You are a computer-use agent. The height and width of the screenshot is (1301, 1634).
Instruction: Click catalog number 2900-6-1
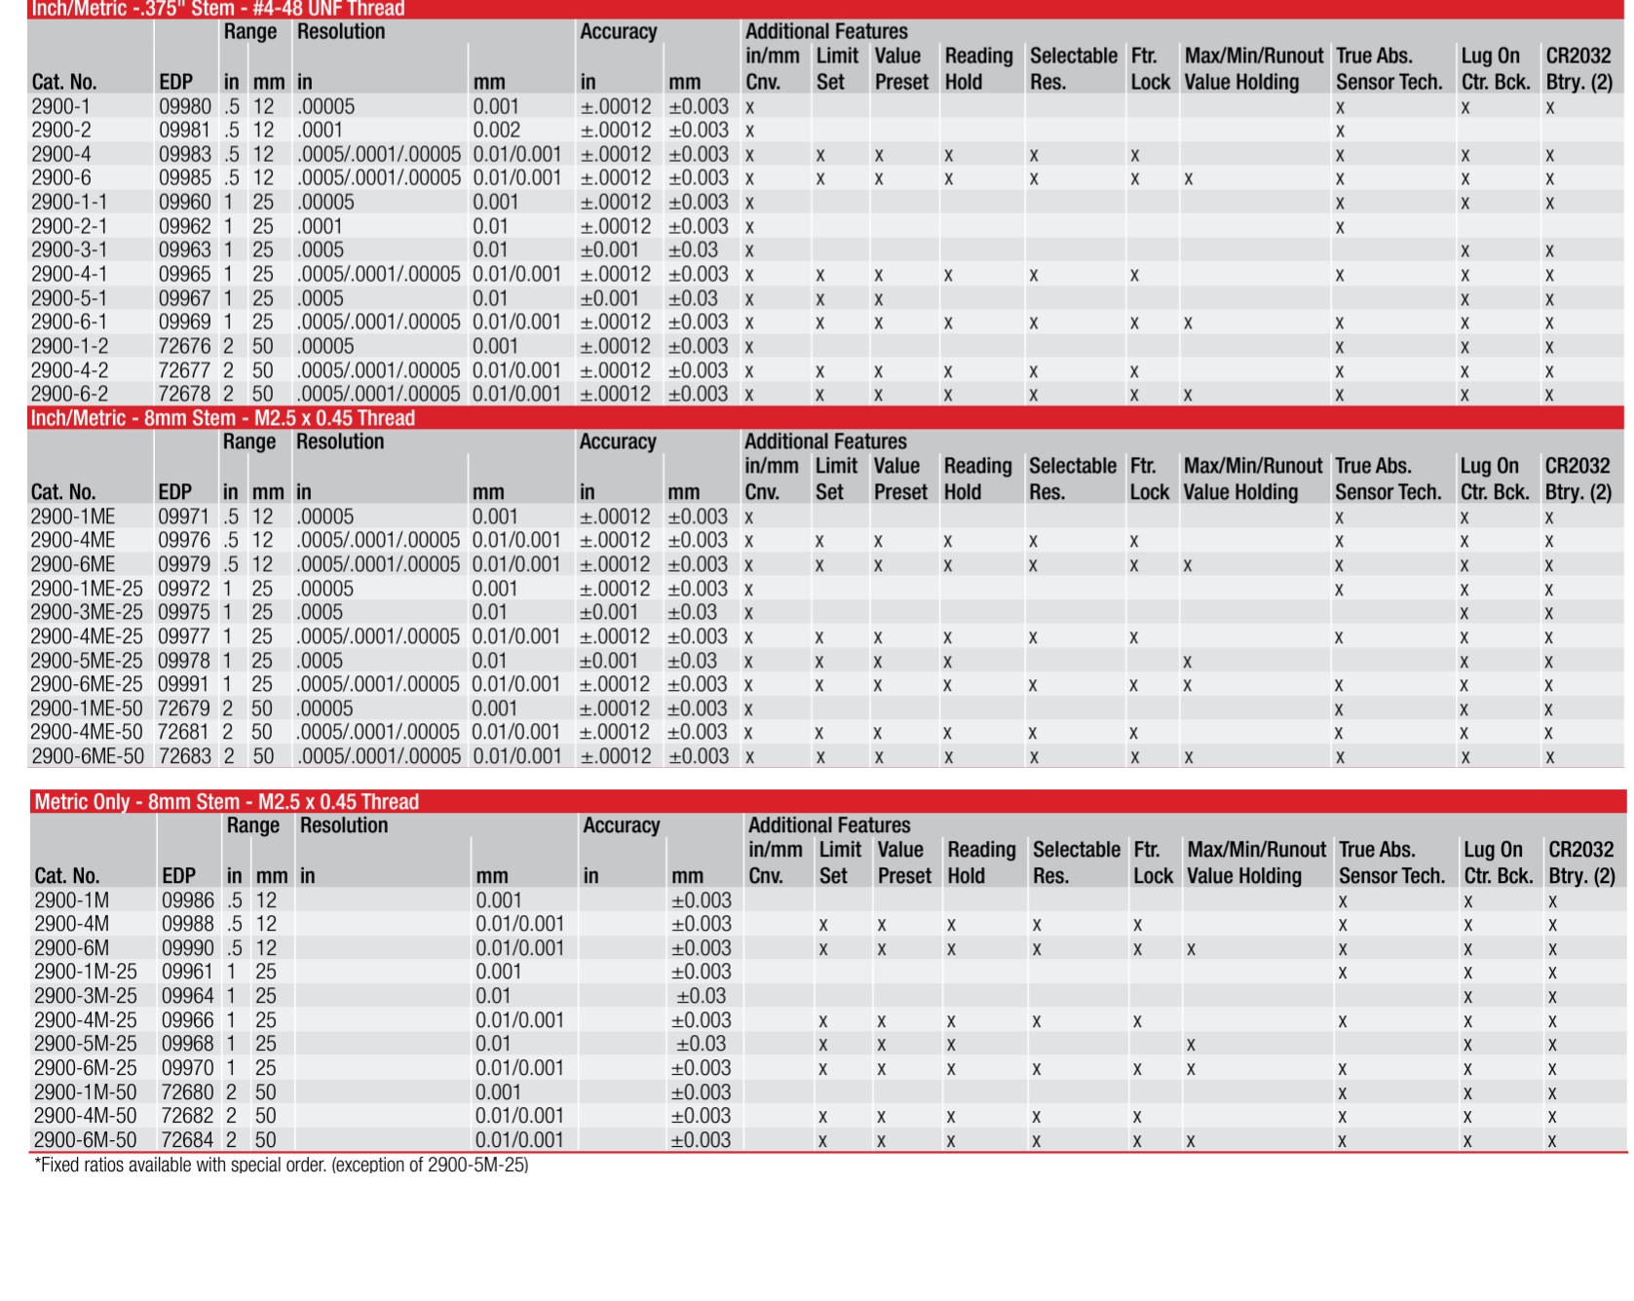coord(69,323)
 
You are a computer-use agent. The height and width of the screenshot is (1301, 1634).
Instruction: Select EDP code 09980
coord(184,106)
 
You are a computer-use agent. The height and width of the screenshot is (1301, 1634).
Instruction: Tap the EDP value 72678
coord(184,395)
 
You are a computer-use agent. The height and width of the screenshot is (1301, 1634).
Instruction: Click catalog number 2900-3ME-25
coord(87,612)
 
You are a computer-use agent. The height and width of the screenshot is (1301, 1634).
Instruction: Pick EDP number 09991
coord(183,684)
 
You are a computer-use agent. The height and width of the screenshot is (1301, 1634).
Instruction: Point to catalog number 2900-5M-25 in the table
coord(86,1044)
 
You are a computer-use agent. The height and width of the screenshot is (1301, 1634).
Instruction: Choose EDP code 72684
coord(187,1139)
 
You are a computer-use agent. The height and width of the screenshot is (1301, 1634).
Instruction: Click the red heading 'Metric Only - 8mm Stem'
coord(226,802)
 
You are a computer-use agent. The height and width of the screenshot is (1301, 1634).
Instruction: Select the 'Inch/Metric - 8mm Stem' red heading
coord(222,418)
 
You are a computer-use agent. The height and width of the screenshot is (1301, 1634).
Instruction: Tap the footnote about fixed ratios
coord(282,1165)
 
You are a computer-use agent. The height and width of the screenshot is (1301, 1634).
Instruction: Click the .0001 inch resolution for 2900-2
coord(320,131)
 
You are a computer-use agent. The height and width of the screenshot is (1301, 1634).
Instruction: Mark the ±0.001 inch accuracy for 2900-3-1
coord(609,250)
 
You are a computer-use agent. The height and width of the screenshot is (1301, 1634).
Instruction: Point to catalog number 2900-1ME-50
coord(87,708)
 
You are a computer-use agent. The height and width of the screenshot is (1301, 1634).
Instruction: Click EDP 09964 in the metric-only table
coord(187,996)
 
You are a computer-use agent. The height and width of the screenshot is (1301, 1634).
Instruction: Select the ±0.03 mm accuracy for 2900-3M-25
coord(701,996)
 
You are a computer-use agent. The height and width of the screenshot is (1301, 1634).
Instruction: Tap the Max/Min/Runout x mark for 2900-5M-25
coord(1191,1045)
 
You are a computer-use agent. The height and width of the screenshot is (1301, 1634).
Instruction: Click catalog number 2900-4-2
coord(69,370)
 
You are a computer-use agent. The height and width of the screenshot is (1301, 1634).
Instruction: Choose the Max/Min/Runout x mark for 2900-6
coord(1188,179)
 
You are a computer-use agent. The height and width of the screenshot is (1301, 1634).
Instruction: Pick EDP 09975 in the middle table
coord(183,612)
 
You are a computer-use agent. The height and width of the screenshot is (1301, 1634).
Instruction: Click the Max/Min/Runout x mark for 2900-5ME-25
coord(1187,662)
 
